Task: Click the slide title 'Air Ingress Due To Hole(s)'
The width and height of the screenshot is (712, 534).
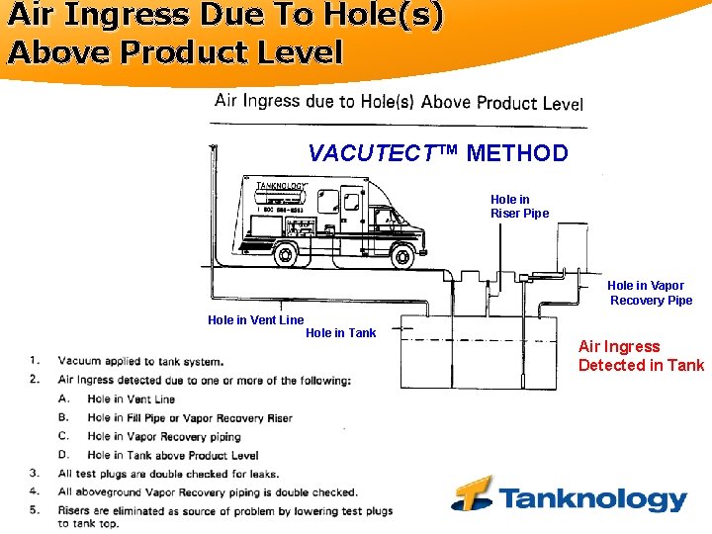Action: (x=225, y=17)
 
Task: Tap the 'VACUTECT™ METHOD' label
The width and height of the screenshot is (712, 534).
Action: (x=438, y=153)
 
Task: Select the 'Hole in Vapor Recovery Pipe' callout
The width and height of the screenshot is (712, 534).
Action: (x=651, y=294)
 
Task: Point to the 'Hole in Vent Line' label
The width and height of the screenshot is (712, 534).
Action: (x=255, y=320)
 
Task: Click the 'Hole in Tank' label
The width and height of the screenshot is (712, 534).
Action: (x=340, y=333)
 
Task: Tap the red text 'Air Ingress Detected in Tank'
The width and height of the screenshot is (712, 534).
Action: (x=641, y=356)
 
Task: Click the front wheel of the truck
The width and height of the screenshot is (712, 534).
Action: (x=401, y=256)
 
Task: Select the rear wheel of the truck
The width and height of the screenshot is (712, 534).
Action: (x=286, y=255)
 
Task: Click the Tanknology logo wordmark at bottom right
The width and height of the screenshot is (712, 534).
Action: (x=592, y=497)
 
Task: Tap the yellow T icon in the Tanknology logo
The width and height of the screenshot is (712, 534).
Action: (x=473, y=493)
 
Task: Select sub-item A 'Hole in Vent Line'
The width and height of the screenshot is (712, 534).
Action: (x=131, y=399)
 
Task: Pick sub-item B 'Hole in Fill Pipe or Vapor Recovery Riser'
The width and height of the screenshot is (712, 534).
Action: (x=189, y=417)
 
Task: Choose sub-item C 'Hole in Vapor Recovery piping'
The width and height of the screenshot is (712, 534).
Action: (x=163, y=436)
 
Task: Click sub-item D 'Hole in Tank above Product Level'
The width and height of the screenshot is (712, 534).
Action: (x=172, y=455)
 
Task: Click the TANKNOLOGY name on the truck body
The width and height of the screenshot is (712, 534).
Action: (x=282, y=186)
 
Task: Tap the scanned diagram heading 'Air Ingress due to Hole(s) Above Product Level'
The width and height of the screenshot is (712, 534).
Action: (x=399, y=102)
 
